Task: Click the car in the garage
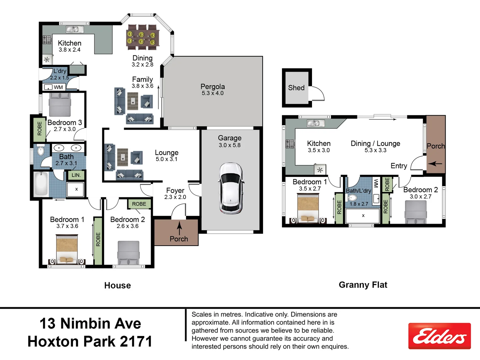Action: [231, 188]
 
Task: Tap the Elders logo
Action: [439, 336]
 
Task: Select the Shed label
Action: [296, 88]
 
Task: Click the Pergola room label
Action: [213, 87]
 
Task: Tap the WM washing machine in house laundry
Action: [53, 87]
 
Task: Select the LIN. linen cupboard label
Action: [76, 175]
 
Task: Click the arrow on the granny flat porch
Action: [435, 164]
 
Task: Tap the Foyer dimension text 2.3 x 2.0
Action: [175, 197]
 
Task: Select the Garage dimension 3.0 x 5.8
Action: [230, 145]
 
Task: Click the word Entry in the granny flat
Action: [399, 166]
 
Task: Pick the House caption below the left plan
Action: [118, 285]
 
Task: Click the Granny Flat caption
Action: [363, 285]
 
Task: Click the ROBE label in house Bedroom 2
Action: [139, 204]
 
